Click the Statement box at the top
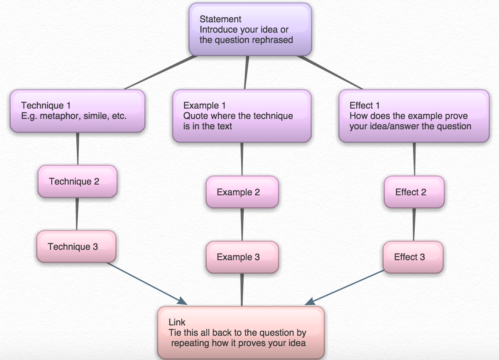(250, 29)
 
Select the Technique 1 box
(77, 111)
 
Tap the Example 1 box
(241, 116)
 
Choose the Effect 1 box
(414, 116)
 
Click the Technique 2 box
(77, 181)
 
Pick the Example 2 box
(242, 192)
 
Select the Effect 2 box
(414, 192)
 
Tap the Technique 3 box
(76, 247)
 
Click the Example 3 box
(242, 257)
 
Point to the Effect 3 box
(412, 257)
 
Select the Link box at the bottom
(241, 333)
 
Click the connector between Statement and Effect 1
(330, 72)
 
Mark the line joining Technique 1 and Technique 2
(78, 149)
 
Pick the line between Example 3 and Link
(242, 290)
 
